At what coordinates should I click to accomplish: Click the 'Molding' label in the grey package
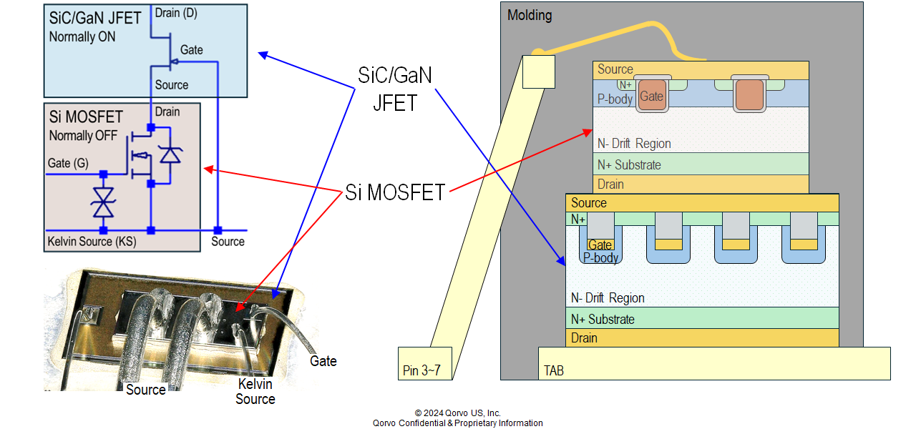click(530, 15)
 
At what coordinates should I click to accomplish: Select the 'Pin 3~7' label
click(421, 370)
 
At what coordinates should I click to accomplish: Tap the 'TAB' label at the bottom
click(554, 370)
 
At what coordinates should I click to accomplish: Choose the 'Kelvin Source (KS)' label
click(92, 242)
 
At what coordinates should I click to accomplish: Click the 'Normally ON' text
click(82, 36)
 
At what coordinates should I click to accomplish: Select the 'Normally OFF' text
click(84, 135)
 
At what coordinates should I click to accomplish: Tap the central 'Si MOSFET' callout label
click(395, 192)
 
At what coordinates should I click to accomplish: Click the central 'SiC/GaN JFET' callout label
click(395, 89)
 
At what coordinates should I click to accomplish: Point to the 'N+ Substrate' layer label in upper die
click(629, 165)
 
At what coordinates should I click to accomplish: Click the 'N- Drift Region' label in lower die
click(608, 298)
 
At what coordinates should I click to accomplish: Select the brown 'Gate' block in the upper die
click(651, 96)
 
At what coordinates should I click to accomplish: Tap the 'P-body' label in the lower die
click(600, 257)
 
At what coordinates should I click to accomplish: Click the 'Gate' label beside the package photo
click(323, 361)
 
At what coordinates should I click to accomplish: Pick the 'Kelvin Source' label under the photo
click(255, 392)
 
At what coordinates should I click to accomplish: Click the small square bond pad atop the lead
click(539, 71)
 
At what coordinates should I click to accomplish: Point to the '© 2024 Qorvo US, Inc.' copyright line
click(458, 413)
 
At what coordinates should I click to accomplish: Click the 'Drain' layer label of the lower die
click(584, 338)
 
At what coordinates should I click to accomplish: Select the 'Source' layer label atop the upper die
click(615, 69)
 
